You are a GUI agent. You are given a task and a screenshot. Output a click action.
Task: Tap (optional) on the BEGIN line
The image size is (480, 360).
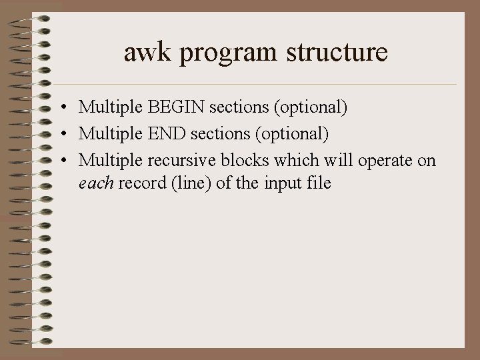(304, 107)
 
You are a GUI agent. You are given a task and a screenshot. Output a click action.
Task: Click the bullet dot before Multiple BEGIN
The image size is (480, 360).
(61, 107)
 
